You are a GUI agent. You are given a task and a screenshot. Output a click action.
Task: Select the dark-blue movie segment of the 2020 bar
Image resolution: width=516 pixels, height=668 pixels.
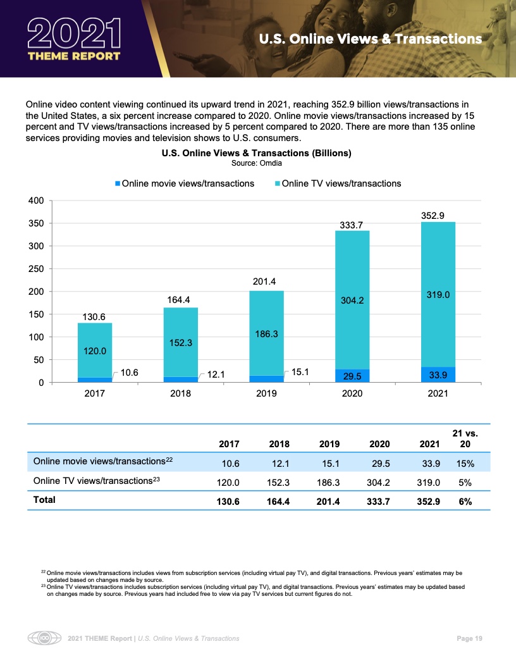tap(352, 376)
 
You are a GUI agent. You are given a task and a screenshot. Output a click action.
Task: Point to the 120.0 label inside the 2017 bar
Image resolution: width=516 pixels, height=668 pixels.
tap(95, 350)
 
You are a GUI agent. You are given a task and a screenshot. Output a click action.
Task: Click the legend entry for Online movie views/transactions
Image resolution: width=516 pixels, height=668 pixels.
tap(184, 183)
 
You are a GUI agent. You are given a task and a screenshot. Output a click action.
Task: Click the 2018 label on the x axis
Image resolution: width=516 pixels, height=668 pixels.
tap(180, 393)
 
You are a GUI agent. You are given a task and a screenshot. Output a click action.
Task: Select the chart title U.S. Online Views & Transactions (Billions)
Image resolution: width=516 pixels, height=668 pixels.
tap(256, 153)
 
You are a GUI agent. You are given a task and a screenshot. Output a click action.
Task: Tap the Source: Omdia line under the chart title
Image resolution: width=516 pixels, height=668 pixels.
tap(256, 163)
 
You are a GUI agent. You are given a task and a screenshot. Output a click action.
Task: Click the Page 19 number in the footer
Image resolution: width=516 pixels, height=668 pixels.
tap(469, 639)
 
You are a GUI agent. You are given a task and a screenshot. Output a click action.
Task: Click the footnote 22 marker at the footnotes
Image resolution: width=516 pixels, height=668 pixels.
tap(43, 571)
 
